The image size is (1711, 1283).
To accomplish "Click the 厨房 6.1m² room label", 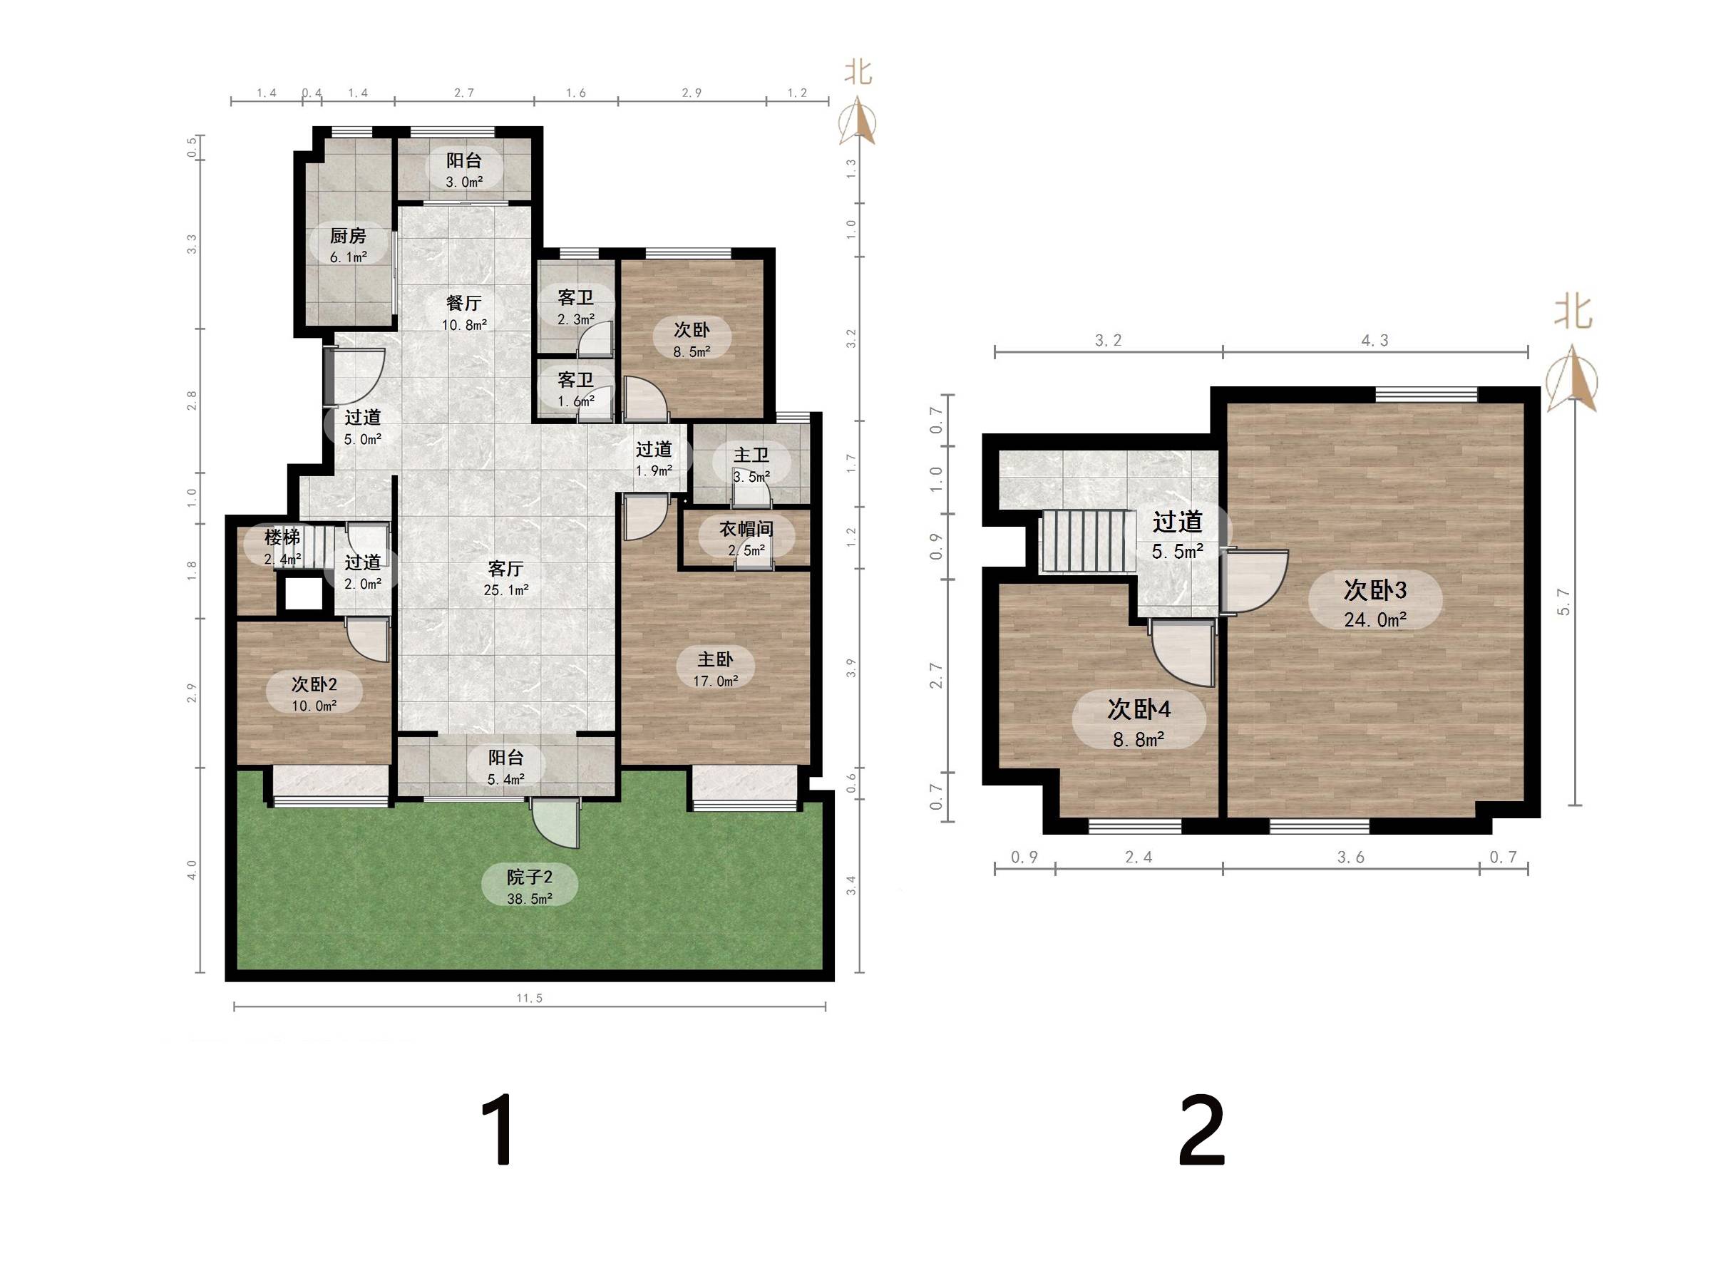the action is [348, 245].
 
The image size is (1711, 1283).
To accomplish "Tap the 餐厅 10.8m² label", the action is [464, 313].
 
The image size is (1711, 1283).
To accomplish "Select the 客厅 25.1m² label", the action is [506, 579].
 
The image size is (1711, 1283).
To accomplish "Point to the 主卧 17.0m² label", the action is [716, 670].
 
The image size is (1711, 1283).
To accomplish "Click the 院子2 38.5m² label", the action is [529, 887].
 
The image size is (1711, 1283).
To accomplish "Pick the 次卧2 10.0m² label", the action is [314, 694].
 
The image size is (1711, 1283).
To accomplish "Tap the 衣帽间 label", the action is [746, 529].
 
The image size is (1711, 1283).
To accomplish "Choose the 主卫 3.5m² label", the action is [751, 465].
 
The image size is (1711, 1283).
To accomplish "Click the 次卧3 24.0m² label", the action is [1375, 604].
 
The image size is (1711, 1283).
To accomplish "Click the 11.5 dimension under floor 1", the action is [529, 999].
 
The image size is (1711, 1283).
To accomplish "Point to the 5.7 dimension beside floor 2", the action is [1564, 602].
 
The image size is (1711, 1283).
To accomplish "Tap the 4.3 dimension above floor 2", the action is [1375, 340].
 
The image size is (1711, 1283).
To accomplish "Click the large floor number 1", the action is [498, 1130].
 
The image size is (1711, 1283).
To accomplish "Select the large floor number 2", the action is [1201, 1130].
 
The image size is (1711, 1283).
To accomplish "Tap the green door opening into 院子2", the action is [555, 825].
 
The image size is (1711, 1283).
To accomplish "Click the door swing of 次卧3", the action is [1255, 581].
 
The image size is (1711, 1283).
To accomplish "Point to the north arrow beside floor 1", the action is [858, 122].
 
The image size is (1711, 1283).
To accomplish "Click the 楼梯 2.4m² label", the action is [282, 547].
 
